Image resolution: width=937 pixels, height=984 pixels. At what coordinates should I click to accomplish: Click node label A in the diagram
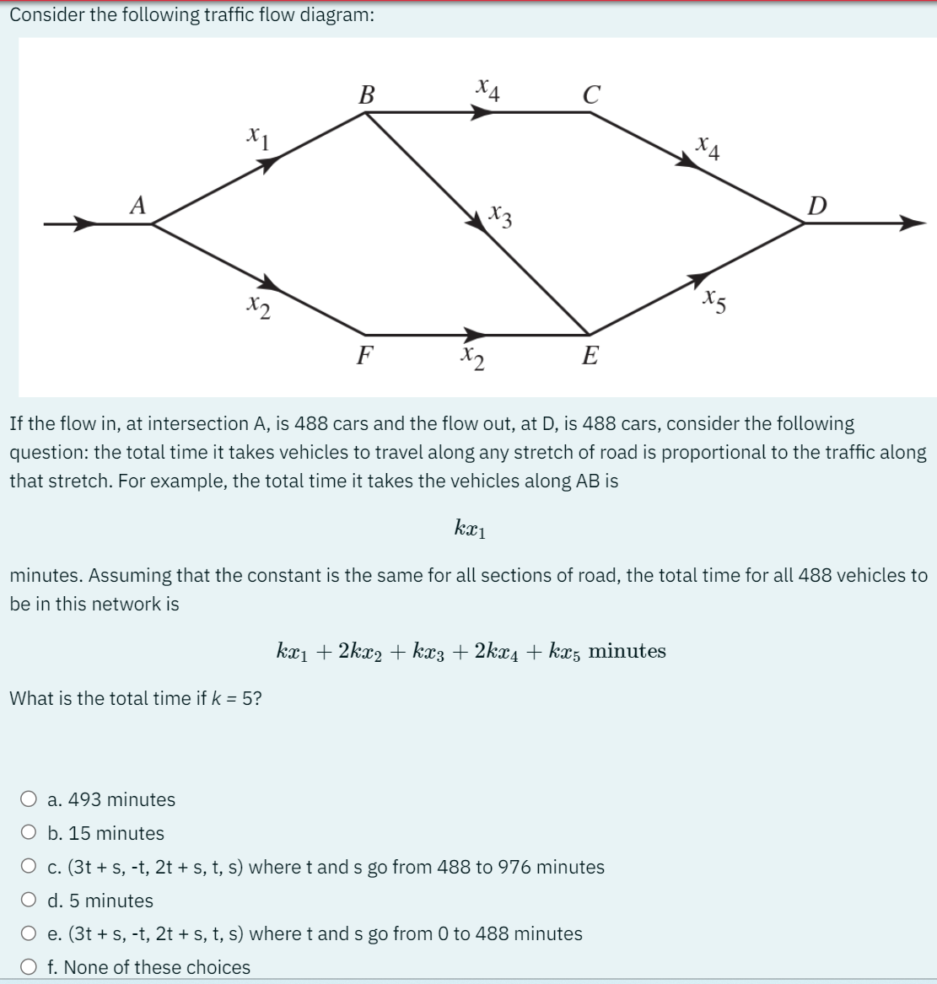coord(137,204)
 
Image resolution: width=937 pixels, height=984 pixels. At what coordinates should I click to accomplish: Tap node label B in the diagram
coord(367,94)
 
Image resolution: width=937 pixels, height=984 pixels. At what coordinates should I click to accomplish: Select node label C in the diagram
coord(591,94)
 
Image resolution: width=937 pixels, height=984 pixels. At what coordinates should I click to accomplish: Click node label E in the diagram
coord(590,357)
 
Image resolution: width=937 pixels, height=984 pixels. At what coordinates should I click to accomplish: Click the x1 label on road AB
coord(256,137)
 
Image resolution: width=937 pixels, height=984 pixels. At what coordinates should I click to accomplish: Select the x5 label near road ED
coord(714,299)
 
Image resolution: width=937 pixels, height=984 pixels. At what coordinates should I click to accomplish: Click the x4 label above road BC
coord(487,88)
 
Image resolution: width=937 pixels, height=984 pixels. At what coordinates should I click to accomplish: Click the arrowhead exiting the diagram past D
coord(912,223)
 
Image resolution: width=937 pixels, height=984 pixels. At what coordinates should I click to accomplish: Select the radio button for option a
coord(30,798)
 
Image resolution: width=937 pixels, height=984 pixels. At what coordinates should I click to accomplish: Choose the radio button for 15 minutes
coord(30,832)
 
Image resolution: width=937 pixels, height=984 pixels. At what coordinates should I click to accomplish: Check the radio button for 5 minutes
coord(30,900)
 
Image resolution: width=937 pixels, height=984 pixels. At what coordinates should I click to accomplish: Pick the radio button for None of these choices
coord(30,966)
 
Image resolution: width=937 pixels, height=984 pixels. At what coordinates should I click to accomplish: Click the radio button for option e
coord(30,933)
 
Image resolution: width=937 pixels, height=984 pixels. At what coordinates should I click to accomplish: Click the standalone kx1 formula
coord(470,529)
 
